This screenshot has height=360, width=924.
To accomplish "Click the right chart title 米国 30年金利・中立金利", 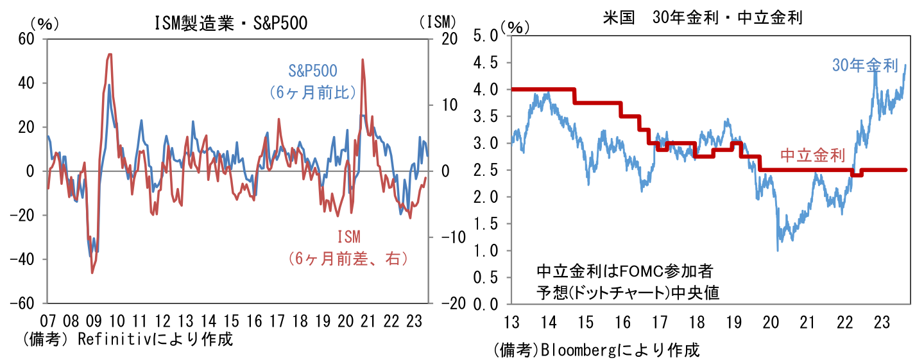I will (x=702, y=17).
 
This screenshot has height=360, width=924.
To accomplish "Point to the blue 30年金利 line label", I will (x=865, y=65).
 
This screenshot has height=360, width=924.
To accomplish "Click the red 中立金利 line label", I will (x=812, y=155).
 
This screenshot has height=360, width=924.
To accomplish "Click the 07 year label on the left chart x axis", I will (x=47, y=320).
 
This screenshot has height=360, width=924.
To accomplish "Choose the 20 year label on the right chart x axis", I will (x=772, y=321).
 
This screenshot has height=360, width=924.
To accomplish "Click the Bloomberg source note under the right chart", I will (x=597, y=350).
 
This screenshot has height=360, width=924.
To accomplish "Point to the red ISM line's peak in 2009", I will (x=110, y=55).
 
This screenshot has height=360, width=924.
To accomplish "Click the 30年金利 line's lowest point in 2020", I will (x=778, y=250).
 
